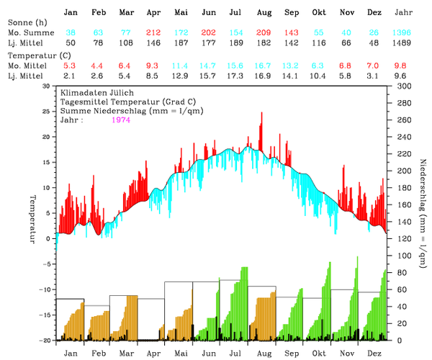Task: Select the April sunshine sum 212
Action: coord(153,33)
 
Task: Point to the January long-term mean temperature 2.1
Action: coord(71,76)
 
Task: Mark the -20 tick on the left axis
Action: coord(45,341)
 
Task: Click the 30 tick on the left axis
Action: coord(47,86)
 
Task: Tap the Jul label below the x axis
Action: coord(235,354)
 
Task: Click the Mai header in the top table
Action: coord(181,13)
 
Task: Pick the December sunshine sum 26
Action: coord(374,33)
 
